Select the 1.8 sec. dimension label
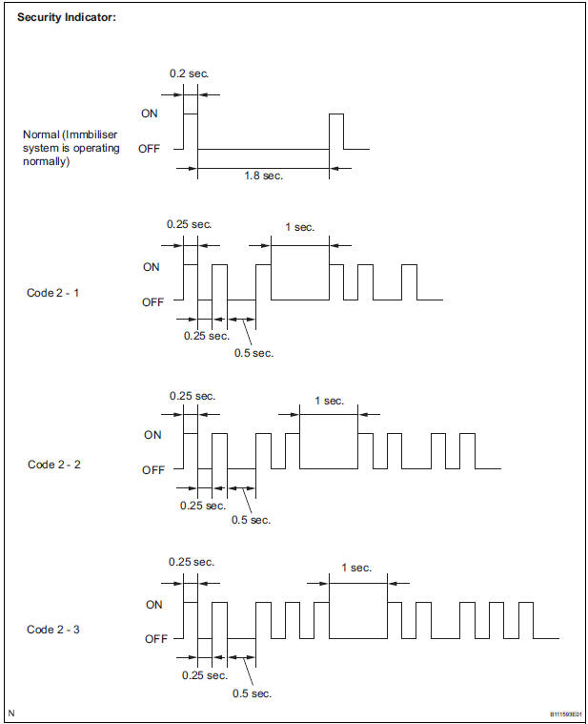pyautogui.click(x=263, y=175)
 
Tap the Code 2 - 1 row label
pyautogui.click(x=53, y=293)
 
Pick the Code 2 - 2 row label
pyautogui.click(x=54, y=464)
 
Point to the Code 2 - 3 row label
pyautogui.click(x=53, y=630)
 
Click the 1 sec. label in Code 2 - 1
pyautogui.click(x=299, y=227)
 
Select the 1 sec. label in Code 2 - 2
pyautogui.click(x=329, y=401)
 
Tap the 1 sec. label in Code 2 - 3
pyautogui.click(x=356, y=568)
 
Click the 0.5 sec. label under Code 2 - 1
pyautogui.click(x=253, y=352)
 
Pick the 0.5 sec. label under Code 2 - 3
pyautogui.click(x=252, y=693)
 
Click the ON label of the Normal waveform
pyautogui.click(x=150, y=113)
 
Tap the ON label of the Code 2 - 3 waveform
pyautogui.click(x=153, y=604)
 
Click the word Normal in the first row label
pyautogui.click(x=41, y=134)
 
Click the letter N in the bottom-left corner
pyautogui.click(x=11, y=713)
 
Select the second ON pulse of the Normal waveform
pyautogui.click(x=335, y=131)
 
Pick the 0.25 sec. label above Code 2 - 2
pyautogui.click(x=193, y=395)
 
